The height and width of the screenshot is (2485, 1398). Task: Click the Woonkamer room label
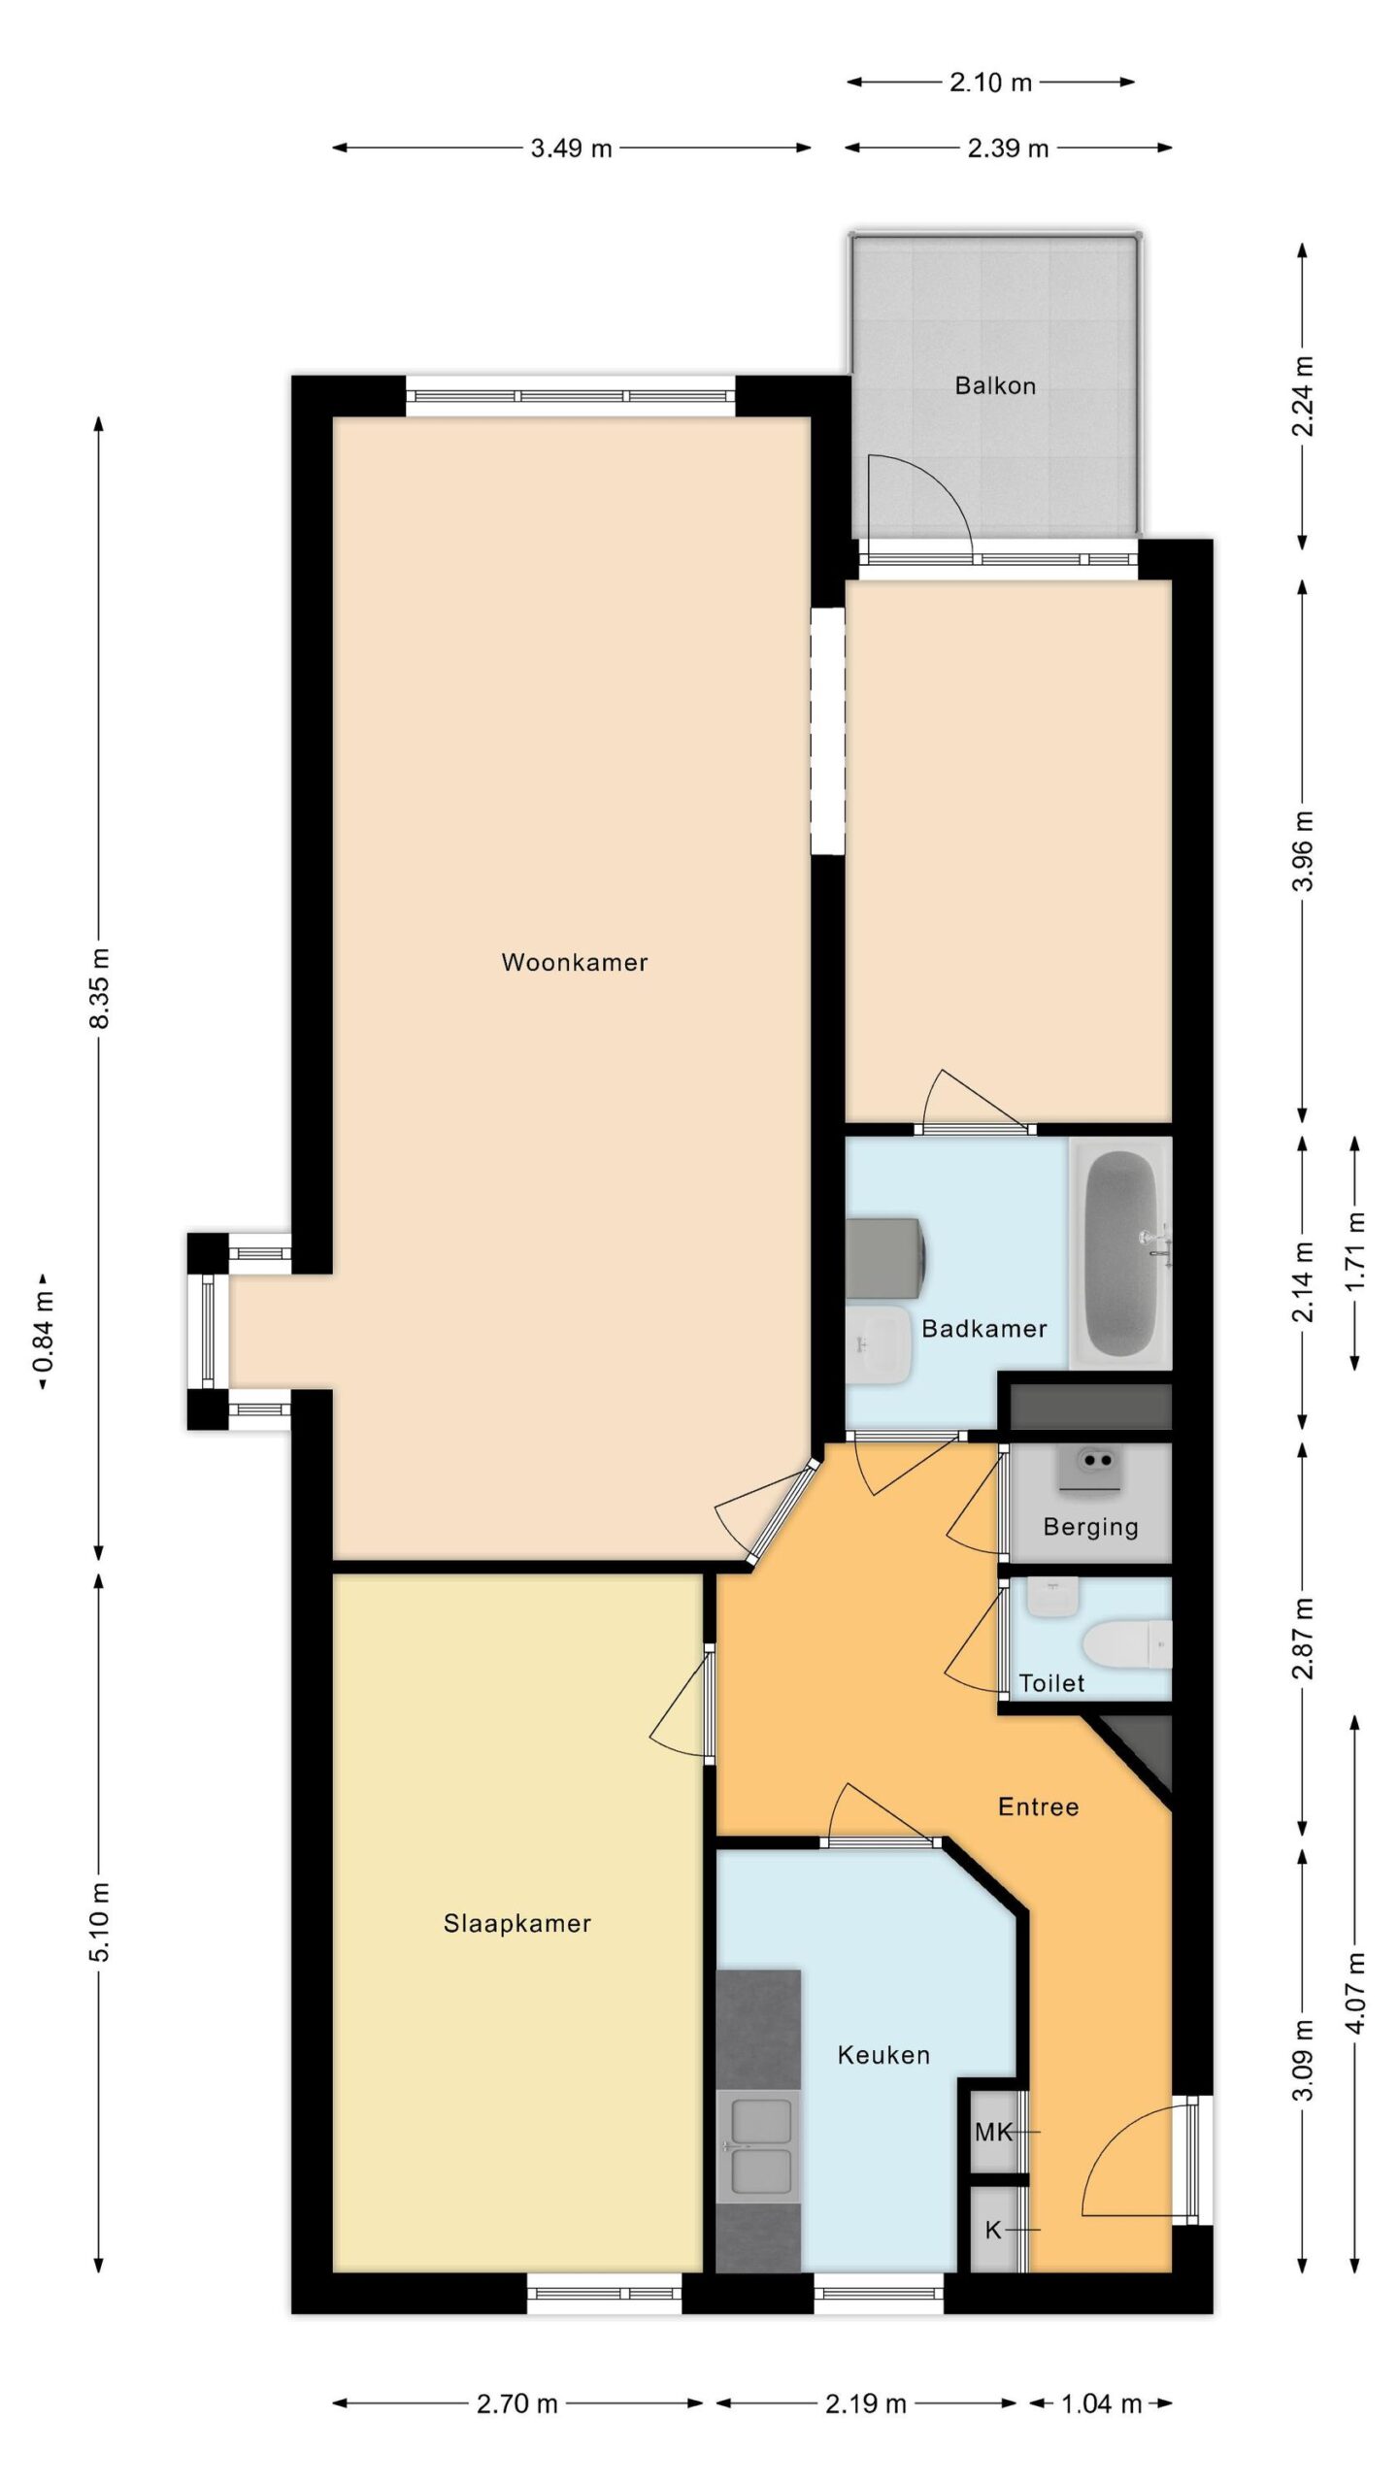click(x=574, y=962)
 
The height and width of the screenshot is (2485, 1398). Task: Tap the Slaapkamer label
click(x=516, y=1923)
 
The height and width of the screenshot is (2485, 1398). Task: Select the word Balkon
click(x=995, y=385)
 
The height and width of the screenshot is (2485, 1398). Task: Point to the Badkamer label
click(x=983, y=1328)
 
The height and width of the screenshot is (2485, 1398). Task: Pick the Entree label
click(x=1038, y=1806)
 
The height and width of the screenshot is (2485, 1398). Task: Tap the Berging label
click(x=1090, y=1527)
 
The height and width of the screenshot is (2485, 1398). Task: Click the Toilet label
click(x=1051, y=1682)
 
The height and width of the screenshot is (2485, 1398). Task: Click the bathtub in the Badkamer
click(x=1121, y=1253)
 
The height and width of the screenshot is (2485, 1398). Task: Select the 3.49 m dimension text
click(x=571, y=149)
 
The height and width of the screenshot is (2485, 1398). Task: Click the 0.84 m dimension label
click(x=44, y=1332)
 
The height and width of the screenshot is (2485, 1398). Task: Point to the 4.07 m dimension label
click(x=1356, y=1992)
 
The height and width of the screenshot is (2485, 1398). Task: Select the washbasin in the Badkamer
click(x=878, y=1344)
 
